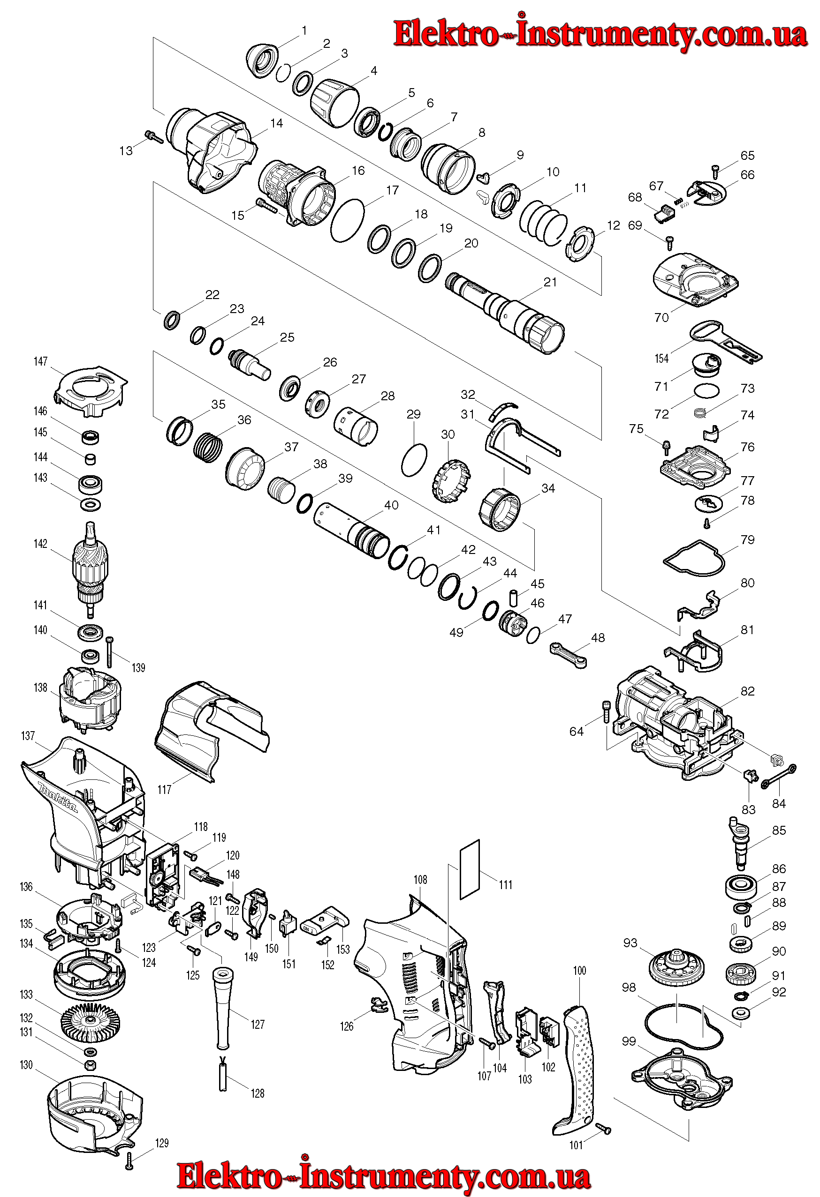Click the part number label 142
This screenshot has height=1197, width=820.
click(40, 544)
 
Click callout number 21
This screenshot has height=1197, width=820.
click(550, 282)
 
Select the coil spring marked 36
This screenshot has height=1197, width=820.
click(208, 447)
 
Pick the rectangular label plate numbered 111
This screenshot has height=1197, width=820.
click(470, 869)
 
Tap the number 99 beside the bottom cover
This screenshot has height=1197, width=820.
click(629, 1041)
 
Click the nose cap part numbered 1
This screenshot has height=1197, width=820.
click(262, 61)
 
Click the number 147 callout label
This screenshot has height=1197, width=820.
click(40, 361)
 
